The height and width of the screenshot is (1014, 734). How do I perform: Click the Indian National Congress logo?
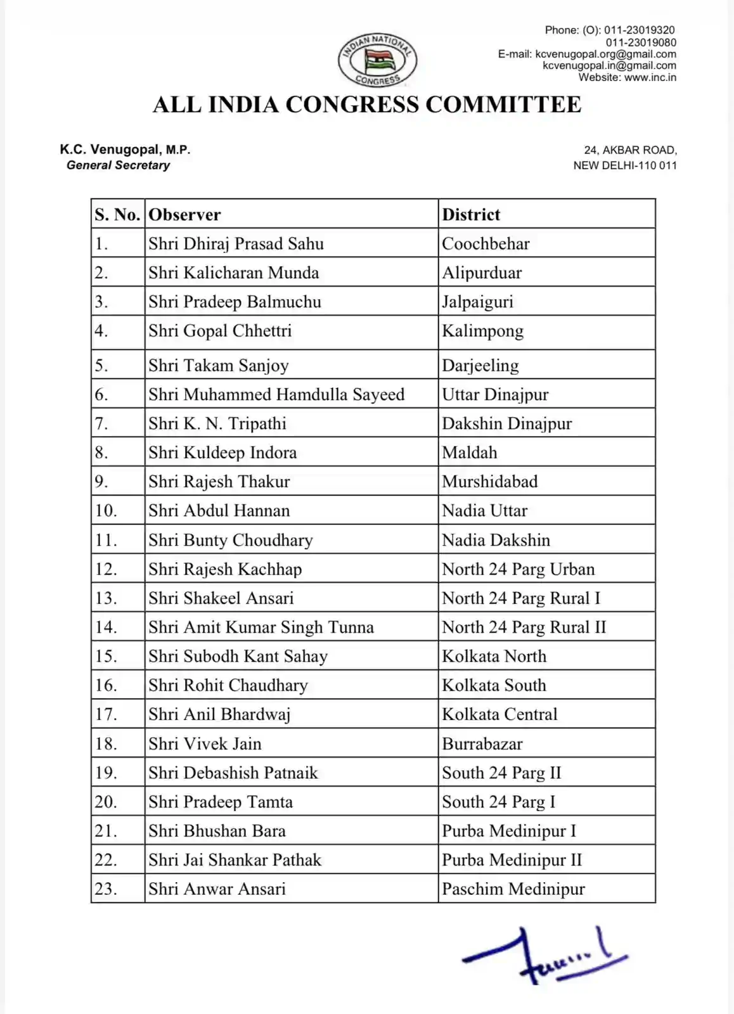point(378,60)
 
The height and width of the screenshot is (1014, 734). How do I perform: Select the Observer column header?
point(184,215)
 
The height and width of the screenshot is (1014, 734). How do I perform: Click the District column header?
point(471,215)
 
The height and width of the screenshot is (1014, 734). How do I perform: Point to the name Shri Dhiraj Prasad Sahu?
point(236,244)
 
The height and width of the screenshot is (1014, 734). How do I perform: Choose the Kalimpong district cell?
point(483,331)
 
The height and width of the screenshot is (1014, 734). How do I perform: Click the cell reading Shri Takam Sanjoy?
point(219,366)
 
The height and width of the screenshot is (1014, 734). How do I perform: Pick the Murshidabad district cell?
point(490,482)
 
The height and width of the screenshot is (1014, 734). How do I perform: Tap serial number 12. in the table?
point(106,569)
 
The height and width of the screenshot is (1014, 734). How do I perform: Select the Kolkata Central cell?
point(499,714)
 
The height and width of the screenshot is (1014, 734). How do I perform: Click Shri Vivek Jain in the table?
point(205,743)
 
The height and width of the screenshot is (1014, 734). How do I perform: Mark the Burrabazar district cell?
point(482,743)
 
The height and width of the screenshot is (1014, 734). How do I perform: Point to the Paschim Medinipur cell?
point(513,889)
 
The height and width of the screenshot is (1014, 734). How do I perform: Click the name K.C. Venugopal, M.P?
point(125,150)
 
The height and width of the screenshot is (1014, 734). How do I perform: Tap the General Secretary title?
point(118,165)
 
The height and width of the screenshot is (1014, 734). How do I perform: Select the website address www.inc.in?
point(650,77)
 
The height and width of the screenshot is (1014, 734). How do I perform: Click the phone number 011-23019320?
point(639,30)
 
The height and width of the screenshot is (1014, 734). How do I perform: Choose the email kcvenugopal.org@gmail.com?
point(605,54)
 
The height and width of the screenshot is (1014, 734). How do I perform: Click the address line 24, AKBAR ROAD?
point(630,150)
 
